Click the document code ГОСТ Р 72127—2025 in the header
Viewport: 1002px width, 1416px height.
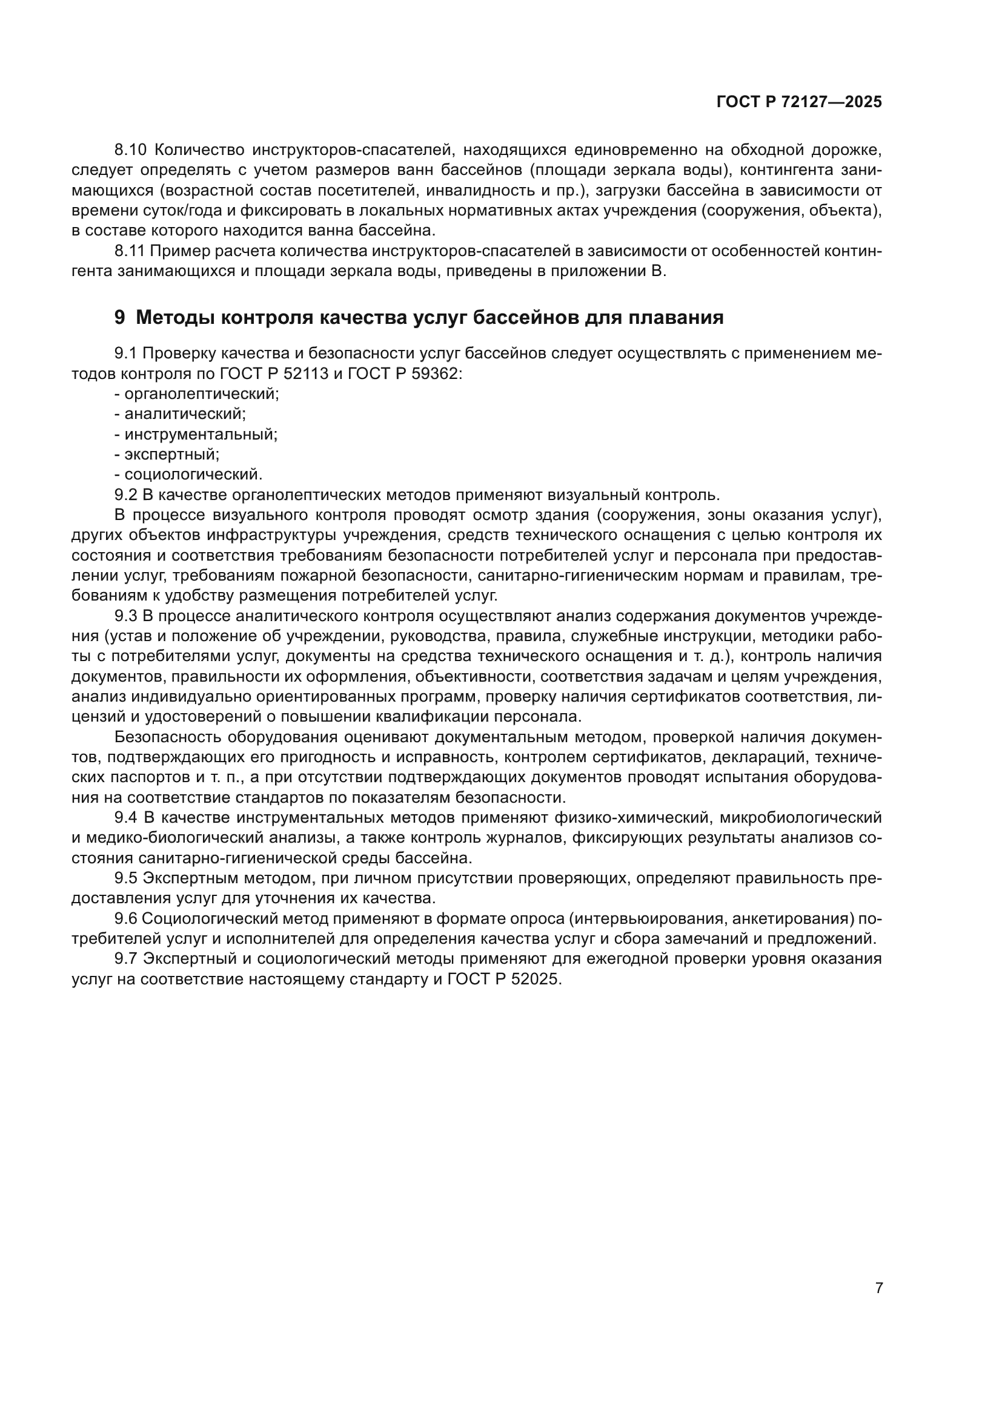pyautogui.click(x=799, y=102)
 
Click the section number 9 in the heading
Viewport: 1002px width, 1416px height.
pyautogui.click(x=120, y=318)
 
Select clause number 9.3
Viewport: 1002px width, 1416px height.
pyautogui.click(x=126, y=616)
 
